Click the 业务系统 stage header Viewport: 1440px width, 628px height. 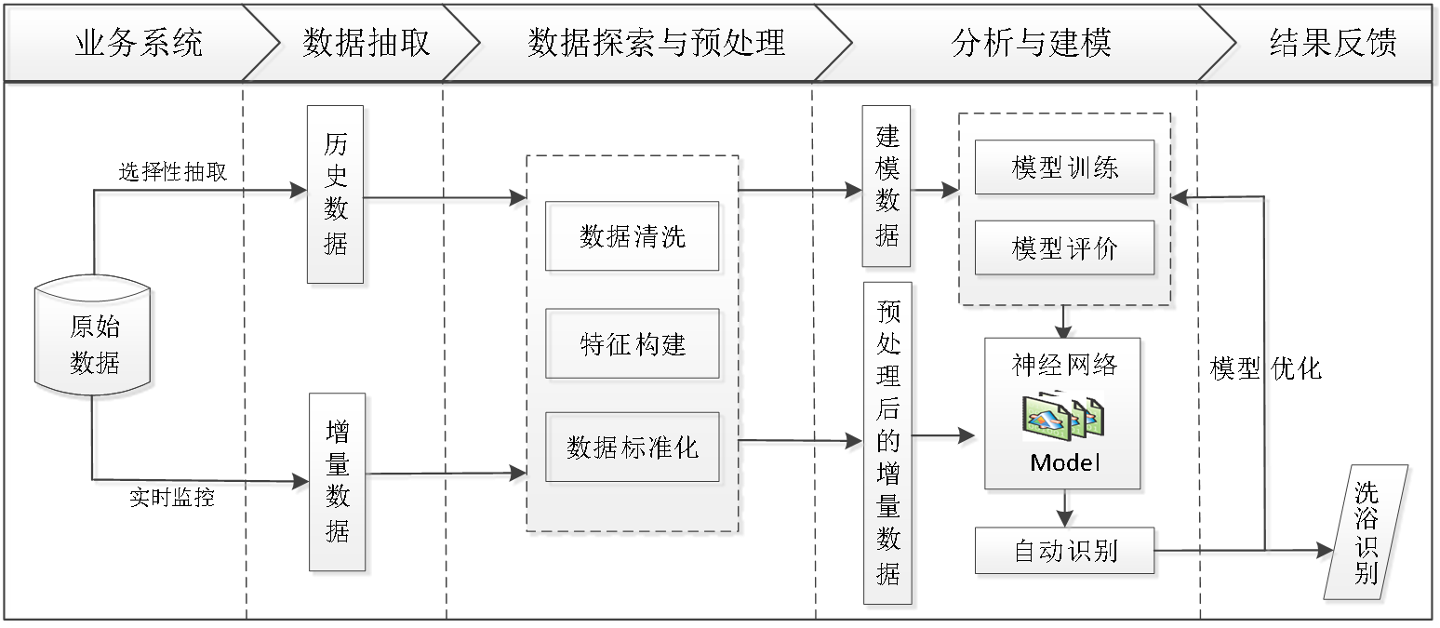pos(139,43)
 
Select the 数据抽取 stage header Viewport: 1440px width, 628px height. pos(366,43)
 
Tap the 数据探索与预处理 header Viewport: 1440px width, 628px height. pos(656,43)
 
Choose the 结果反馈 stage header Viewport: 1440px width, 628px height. pos(1332,43)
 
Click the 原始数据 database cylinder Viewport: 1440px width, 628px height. pos(95,343)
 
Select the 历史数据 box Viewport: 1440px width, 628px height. pos(336,194)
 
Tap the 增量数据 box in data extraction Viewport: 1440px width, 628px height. pos(337,481)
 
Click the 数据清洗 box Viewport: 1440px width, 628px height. pos(632,236)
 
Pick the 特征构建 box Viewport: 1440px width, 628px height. pos(632,344)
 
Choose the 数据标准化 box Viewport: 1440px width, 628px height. pos(632,448)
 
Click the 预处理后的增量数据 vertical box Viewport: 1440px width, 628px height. pos(888,443)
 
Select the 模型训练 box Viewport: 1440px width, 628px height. pos(1064,167)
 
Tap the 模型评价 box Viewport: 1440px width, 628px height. pos(1064,248)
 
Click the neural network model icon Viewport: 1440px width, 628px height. pos(1062,415)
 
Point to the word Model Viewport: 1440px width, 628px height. pos(1064,462)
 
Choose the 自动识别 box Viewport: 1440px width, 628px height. pos(1064,551)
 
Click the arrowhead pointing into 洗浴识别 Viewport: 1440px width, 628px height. pos(1323,552)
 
